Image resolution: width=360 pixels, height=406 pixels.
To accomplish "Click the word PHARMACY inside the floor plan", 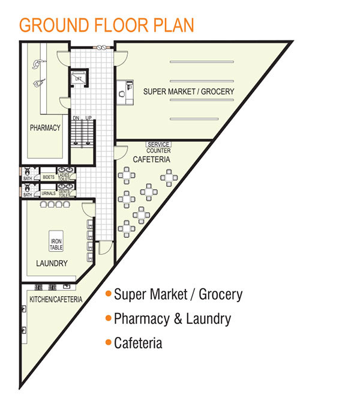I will point(46,127).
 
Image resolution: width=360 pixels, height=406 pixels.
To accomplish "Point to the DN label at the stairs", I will point(76,118).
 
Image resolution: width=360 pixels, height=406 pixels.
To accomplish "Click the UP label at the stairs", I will point(88,118).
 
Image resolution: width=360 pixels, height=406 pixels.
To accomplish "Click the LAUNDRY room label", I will point(52,263).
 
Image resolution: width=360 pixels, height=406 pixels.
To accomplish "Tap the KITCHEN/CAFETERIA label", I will point(56,299).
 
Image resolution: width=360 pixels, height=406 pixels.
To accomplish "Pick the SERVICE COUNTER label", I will point(158,147).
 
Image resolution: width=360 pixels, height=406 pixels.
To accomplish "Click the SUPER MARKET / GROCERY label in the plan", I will point(188,91).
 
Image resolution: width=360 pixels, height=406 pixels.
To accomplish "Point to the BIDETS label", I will point(49,177).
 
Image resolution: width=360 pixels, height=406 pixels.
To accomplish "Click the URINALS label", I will point(49,193).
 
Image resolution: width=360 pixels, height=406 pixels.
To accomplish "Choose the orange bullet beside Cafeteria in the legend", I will point(108,343).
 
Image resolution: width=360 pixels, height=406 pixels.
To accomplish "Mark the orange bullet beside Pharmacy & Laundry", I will point(108,318).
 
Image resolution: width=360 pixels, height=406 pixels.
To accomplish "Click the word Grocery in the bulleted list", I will point(220,294).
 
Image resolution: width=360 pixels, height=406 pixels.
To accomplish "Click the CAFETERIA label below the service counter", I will point(151,160).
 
